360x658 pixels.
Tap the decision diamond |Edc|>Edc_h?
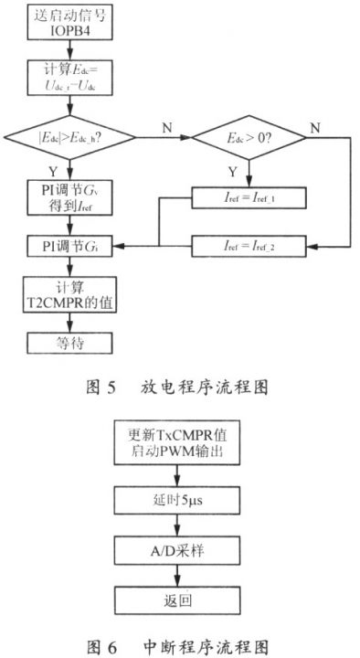coord(69,139)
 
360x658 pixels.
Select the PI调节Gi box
coord(70,246)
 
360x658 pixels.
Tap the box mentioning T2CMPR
coord(70,296)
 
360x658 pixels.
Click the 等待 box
coord(70,344)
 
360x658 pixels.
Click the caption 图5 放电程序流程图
coord(180,387)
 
